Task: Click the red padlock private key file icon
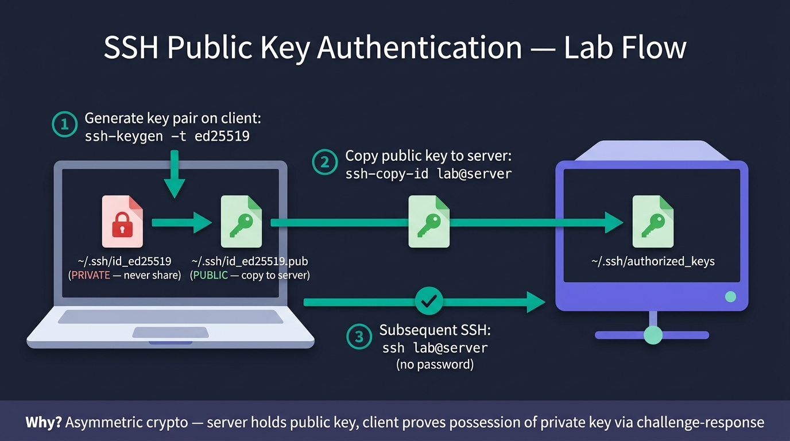tap(122, 222)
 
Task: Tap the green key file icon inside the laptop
tap(241, 222)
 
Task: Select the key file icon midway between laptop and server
tap(429, 222)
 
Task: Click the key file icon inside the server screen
tap(653, 222)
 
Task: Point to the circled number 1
tap(64, 124)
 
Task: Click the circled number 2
tap(325, 162)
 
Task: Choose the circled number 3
tap(359, 336)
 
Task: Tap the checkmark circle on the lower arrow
tap(429, 301)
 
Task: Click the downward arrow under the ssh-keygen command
tap(174, 175)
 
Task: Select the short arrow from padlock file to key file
tap(182, 223)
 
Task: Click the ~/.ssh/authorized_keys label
tap(653, 261)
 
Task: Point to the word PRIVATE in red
tap(91, 275)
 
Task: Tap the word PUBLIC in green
tap(211, 275)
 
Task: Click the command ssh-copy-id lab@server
tap(428, 173)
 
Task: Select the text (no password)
tap(435, 364)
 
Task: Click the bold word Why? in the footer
tap(44, 422)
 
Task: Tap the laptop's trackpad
tap(171, 332)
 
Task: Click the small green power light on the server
tap(730, 297)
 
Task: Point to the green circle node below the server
tap(653, 335)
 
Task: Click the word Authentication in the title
tap(419, 48)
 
